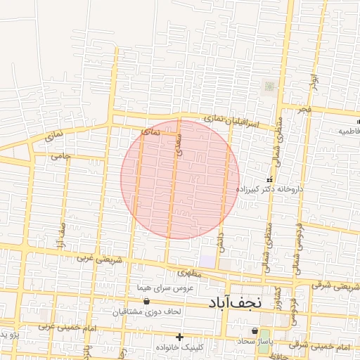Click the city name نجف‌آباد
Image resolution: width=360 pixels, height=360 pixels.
(x=235, y=302)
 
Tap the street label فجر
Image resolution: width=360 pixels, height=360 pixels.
(x=304, y=111)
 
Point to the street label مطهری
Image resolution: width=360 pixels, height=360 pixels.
(x=190, y=272)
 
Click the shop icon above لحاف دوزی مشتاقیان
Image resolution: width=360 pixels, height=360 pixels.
(x=146, y=301)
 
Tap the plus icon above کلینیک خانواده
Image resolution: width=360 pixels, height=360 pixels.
(x=180, y=337)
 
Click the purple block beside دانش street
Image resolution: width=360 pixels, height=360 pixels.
(x=207, y=259)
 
